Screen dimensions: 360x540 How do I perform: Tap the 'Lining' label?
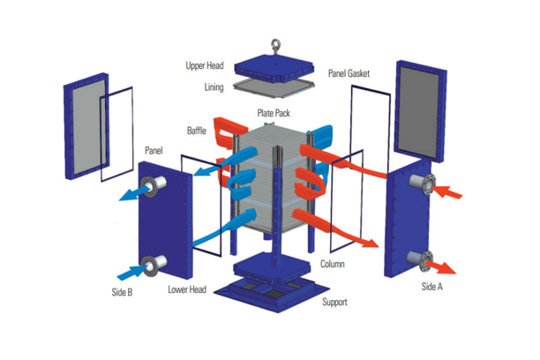214,87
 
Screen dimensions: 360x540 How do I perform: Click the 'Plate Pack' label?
275,113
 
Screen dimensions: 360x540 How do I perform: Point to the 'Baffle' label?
197,131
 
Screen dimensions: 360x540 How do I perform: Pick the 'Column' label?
333,264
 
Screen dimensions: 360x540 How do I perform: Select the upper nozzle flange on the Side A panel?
421,186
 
